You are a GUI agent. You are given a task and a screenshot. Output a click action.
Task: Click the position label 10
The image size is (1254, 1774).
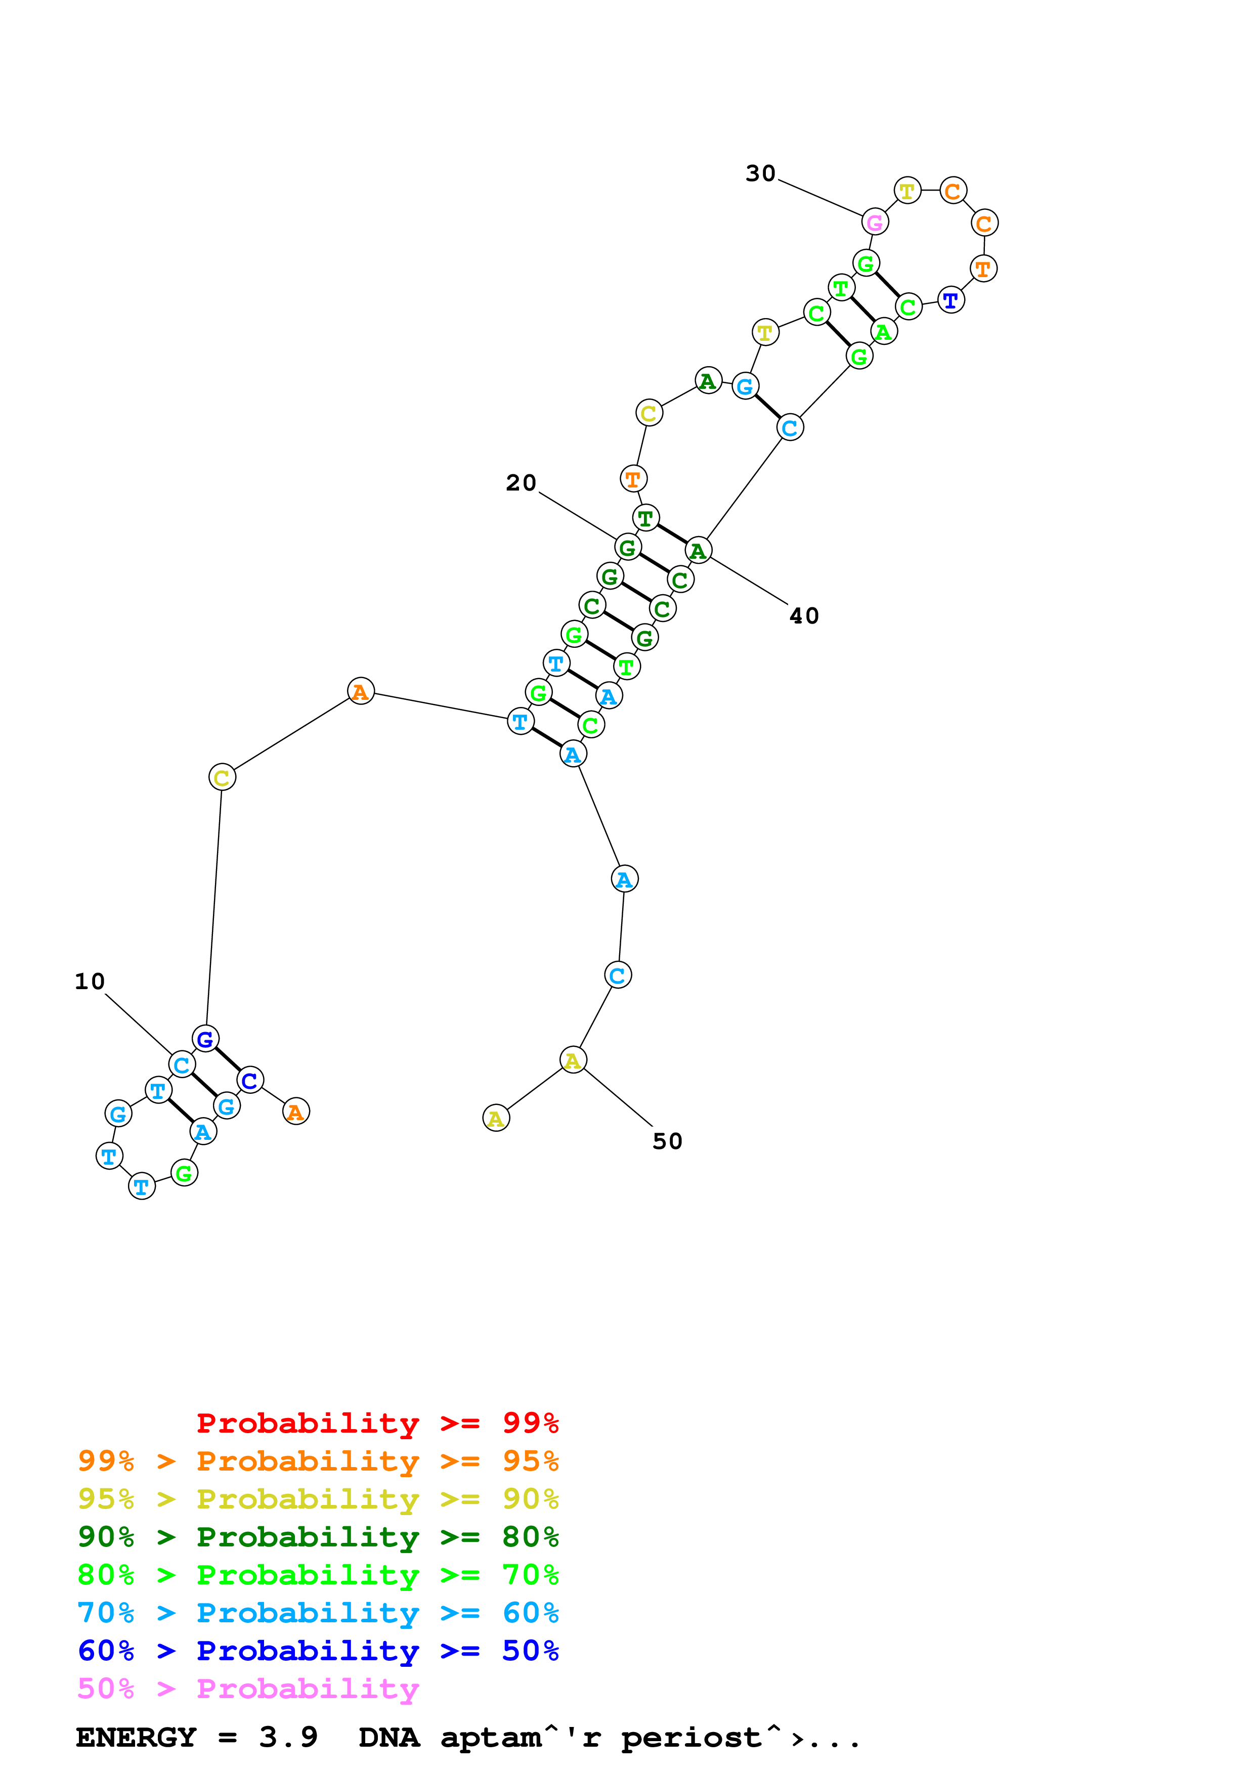(90, 982)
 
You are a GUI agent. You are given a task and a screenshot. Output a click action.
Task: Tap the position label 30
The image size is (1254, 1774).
(760, 174)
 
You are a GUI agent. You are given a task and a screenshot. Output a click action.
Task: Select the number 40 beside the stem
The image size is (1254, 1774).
(804, 616)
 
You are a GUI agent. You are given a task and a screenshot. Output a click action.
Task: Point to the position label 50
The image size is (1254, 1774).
(667, 1141)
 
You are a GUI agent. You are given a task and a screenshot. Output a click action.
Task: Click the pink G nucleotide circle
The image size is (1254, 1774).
(875, 223)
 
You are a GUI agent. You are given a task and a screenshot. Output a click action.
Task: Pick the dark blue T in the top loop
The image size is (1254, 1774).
(950, 300)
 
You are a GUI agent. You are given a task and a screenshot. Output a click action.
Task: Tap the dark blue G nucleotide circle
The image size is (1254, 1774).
(205, 1039)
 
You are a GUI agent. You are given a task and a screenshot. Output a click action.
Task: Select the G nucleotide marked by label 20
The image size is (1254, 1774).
(627, 548)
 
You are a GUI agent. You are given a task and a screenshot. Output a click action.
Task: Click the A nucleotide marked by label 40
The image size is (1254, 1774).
(698, 551)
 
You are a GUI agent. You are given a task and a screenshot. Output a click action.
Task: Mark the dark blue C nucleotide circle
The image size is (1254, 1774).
(249, 1081)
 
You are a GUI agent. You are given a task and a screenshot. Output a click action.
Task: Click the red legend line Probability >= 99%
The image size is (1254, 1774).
(377, 1423)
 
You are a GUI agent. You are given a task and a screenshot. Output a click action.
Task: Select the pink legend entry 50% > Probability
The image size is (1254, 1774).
(248, 1689)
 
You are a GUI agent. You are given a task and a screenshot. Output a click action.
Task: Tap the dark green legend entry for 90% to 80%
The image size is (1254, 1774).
(318, 1537)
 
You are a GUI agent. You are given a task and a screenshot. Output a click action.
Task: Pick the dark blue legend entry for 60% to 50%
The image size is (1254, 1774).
(318, 1651)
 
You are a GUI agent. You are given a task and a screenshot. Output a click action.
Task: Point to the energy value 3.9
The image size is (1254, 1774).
(288, 1738)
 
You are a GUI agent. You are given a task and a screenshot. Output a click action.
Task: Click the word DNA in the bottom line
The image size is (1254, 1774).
(388, 1738)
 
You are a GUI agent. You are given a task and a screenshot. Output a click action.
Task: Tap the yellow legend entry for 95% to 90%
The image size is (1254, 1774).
(318, 1499)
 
